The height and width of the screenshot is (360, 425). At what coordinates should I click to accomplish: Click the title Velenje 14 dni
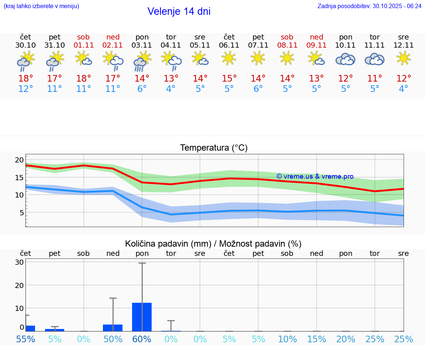click(179, 11)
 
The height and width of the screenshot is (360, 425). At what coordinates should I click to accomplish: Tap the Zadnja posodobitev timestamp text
click(369, 6)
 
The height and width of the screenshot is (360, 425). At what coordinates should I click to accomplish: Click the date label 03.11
click(142, 45)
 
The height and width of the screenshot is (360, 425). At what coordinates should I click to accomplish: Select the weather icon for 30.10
click(25, 61)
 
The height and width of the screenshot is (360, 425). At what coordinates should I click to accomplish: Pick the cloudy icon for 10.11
click(345, 59)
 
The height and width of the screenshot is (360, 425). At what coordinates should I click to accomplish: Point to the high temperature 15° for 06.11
click(229, 79)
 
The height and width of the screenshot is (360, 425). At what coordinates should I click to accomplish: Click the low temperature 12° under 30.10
click(25, 89)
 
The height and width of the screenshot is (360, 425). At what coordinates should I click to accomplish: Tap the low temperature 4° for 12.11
click(404, 89)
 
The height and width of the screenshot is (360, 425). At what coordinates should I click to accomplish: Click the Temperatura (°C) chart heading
click(214, 148)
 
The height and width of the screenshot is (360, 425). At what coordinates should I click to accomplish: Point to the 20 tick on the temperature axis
click(19, 160)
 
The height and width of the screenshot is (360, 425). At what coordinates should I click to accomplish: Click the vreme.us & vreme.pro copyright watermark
click(315, 176)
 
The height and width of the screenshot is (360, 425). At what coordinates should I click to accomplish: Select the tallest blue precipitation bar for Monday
click(142, 317)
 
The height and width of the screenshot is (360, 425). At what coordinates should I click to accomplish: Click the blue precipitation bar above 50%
click(113, 328)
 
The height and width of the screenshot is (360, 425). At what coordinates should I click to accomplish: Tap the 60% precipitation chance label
click(142, 339)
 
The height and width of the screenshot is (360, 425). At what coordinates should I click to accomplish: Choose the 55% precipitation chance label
click(25, 339)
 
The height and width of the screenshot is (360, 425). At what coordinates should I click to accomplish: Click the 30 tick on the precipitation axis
click(20, 262)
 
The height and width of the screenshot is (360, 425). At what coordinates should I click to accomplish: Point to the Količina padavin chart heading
click(213, 244)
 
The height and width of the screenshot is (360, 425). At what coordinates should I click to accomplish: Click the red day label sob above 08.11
click(287, 37)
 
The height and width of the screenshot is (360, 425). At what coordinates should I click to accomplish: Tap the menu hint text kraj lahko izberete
click(41, 6)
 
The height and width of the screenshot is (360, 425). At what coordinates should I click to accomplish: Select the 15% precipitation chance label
click(317, 339)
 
